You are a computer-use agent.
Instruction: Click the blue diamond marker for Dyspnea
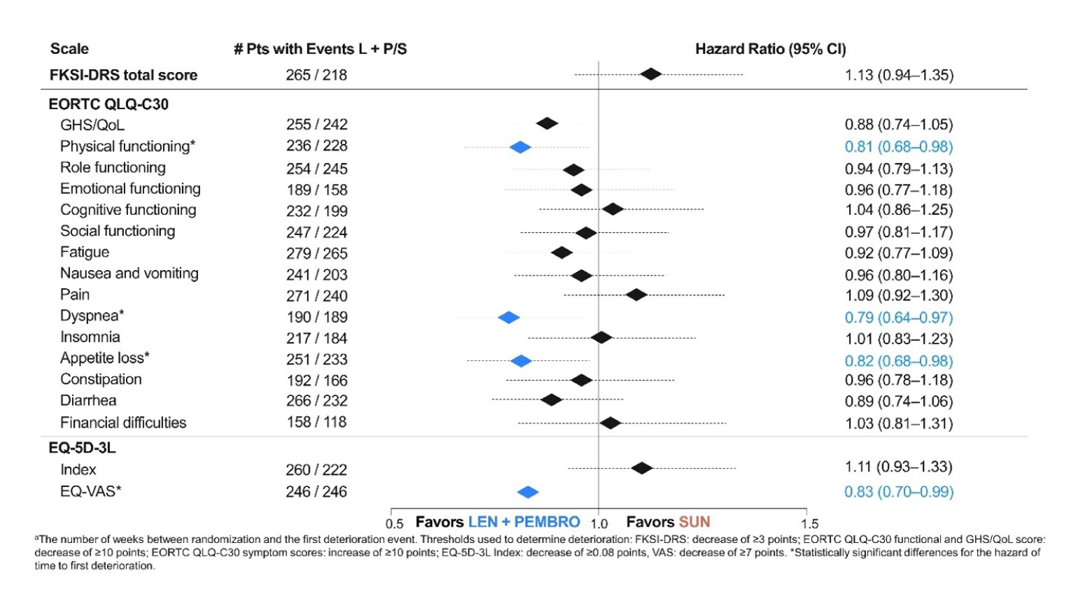coord(509,318)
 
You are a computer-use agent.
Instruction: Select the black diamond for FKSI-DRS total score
coord(651,74)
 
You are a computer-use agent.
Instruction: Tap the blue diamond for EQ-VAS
coord(528,493)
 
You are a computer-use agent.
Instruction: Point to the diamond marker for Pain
coord(636,295)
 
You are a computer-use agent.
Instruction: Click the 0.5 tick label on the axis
coord(394,524)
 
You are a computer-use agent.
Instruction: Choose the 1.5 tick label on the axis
coord(809,524)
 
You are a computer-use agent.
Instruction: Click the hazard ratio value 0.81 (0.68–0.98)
coord(898,147)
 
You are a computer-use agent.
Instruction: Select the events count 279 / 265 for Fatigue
coord(316,253)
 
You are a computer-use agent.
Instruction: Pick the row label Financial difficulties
coord(123,423)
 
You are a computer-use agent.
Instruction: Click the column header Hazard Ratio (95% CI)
coord(770,49)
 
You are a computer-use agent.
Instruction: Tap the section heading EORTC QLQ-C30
coord(108,104)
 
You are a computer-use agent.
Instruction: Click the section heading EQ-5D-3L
coord(82,448)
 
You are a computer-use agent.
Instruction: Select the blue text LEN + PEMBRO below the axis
coord(524,522)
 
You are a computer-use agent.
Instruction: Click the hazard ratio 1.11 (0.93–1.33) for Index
coord(898,467)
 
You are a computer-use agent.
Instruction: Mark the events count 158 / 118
coord(316,422)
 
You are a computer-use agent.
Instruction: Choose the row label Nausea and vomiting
coord(129,274)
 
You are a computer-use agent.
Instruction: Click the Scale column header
coord(69,49)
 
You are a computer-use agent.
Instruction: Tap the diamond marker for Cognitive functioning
coord(612,209)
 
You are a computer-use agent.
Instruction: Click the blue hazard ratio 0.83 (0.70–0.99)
coord(898,492)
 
